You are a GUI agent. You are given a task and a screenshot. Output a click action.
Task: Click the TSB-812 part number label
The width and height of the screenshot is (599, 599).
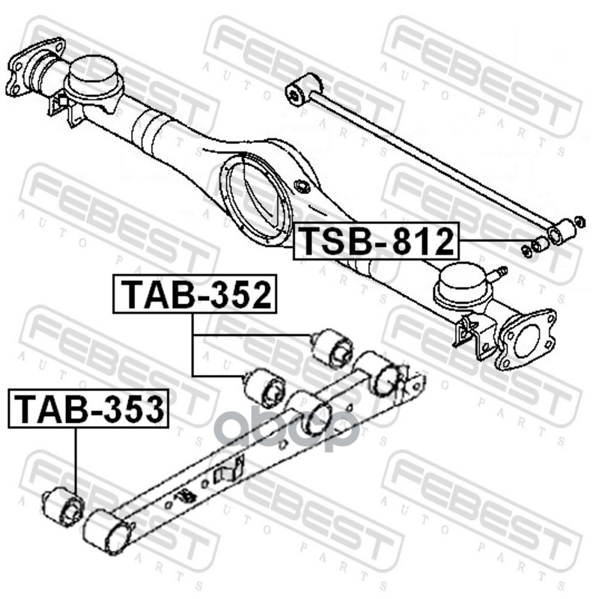[377, 241]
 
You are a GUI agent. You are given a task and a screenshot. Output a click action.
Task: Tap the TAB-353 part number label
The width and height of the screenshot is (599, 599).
[88, 408]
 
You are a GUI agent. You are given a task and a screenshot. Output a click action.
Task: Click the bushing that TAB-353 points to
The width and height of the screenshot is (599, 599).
[64, 505]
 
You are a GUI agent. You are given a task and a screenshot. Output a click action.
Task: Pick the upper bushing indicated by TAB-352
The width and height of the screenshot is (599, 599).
[332, 347]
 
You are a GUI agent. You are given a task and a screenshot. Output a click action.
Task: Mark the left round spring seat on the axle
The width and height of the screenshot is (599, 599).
[94, 76]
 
